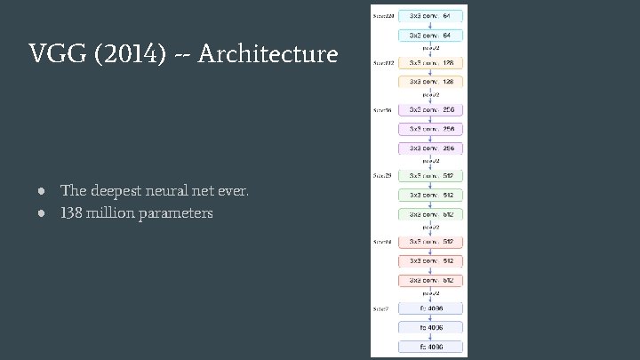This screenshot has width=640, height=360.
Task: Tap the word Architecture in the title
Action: click(268, 55)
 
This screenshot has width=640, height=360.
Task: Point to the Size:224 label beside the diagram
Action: click(384, 16)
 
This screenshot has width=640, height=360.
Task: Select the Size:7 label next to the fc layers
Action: click(381, 308)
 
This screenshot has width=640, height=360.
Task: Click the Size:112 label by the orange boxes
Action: click(384, 63)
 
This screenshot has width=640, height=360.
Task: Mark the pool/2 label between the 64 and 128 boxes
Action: click(431, 47)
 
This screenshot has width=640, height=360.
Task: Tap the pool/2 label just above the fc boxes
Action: click(431, 292)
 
